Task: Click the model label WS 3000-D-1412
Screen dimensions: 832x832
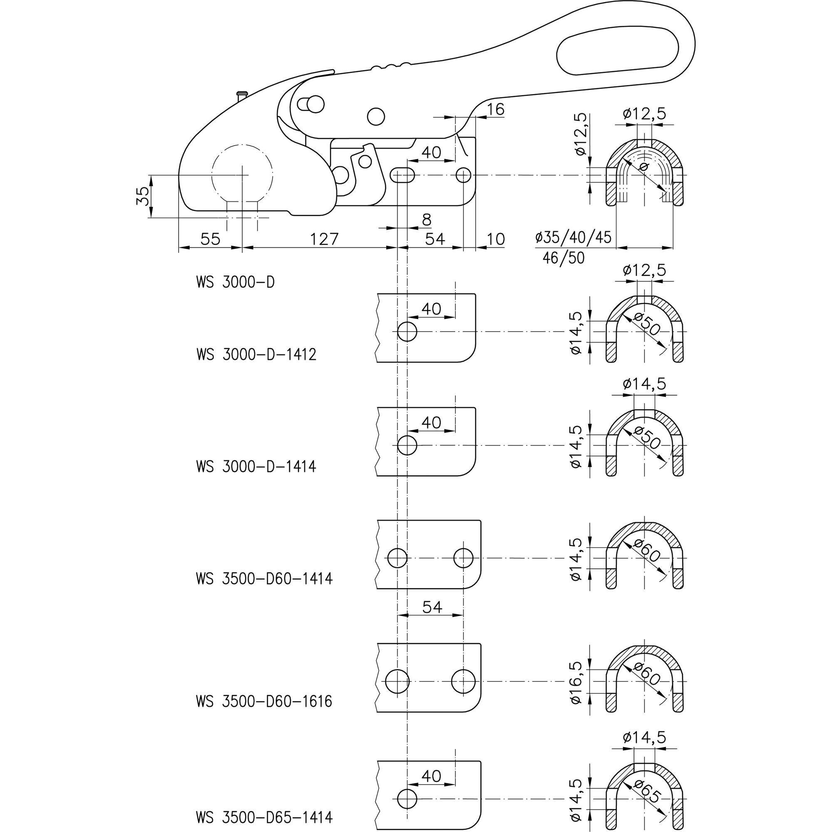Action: [256, 354]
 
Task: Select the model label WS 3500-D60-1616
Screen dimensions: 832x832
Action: [264, 701]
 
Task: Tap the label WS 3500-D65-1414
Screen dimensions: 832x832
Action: [264, 817]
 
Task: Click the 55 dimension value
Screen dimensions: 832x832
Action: [210, 239]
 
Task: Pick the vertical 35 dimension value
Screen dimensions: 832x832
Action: [144, 196]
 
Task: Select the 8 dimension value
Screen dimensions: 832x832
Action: [426, 220]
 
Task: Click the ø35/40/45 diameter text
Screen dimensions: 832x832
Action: [573, 237]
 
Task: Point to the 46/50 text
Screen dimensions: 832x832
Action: [563, 258]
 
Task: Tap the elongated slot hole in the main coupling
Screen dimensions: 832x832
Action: [402, 175]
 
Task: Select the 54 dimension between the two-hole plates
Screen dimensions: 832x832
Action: [432, 607]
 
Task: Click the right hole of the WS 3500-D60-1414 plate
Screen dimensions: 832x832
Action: [463, 558]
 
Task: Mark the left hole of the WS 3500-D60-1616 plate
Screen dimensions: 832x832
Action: [397, 682]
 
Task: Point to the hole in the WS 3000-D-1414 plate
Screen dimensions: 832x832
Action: [407, 445]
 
